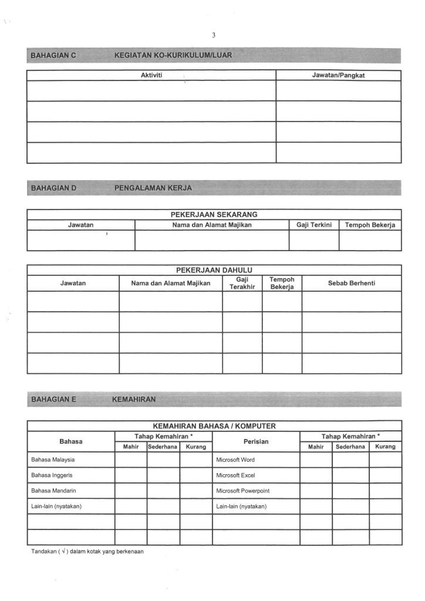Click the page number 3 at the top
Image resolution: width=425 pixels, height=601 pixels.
(214, 35)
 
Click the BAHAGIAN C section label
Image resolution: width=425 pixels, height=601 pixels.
(53, 56)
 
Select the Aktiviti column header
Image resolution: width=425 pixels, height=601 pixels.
(151, 75)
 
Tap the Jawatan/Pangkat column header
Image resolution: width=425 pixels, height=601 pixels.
(338, 75)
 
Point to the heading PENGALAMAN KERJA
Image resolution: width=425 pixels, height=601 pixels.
(153, 188)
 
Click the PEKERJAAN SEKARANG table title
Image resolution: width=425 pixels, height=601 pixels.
(214, 214)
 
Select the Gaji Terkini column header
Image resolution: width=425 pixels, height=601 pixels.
(314, 225)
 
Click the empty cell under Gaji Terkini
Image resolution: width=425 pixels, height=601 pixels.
(314, 240)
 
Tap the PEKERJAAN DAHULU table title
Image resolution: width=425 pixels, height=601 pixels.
(214, 270)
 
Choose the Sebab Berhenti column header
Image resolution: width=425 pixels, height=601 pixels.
(352, 283)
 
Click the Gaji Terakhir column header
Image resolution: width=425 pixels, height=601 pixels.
(242, 283)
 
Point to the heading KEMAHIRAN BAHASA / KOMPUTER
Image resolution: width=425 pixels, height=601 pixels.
(214, 426)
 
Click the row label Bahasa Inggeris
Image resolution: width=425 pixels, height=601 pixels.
(52, 475)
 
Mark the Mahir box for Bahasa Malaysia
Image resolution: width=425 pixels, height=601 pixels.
(130, 460)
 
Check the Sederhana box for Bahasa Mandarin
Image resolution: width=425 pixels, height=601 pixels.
(163, 491)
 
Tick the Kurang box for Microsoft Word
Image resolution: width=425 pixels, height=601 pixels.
(385, 460)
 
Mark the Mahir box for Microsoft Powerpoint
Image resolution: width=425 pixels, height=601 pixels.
(316, 491)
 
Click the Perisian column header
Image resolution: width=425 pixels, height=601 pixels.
(256, 441)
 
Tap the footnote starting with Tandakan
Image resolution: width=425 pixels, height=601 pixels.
(87, 552)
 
